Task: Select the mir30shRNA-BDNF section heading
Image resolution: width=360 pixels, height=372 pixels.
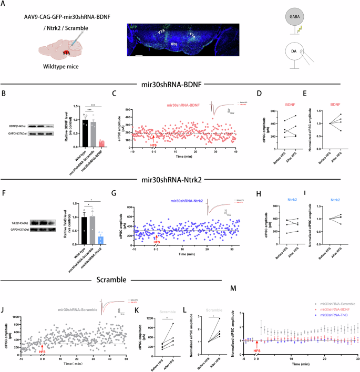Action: pos(179,84)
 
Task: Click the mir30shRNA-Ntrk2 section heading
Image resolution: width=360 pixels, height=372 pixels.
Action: pos(179,182)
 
